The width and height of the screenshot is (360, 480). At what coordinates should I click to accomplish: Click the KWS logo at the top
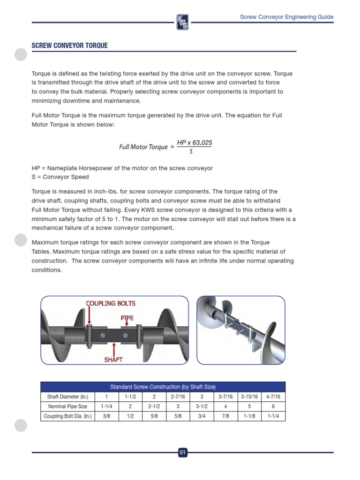182,22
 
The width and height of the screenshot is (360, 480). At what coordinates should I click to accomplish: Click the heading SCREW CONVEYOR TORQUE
69,45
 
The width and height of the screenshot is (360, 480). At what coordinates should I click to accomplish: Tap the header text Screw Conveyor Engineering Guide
286,17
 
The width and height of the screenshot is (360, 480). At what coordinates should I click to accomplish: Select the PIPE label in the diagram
127,317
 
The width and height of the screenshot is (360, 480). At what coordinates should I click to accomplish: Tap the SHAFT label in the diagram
113,360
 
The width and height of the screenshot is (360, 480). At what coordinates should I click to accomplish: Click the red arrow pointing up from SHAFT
113,348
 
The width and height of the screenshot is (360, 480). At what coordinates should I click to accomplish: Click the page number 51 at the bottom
182,452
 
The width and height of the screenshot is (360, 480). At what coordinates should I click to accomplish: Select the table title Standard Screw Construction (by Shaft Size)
163,387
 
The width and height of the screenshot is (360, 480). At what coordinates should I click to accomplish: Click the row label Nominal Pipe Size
67,406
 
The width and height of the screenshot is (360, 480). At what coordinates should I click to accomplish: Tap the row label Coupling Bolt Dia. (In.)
67,416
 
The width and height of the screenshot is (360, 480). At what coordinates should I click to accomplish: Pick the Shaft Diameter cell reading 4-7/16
273,397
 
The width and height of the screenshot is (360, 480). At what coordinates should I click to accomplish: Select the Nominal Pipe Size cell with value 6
273,406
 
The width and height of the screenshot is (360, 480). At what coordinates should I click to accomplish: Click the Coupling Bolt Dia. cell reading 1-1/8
249,416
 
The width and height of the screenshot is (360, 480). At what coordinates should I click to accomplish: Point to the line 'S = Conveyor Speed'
60,177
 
